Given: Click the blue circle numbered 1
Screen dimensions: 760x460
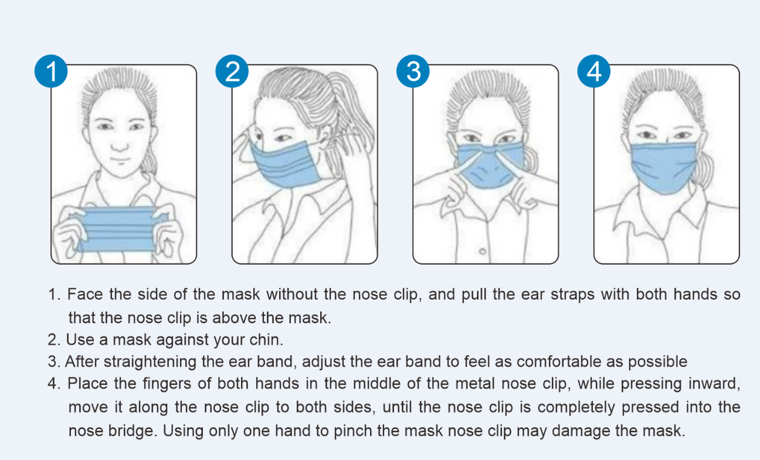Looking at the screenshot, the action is point(51,72).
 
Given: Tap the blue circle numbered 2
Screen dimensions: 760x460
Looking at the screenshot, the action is point(232,72).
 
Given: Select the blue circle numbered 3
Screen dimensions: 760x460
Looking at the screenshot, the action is point(413,72).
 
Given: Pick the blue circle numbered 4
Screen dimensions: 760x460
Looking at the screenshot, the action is point(593,72).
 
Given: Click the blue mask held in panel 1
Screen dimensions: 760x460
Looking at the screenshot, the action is point(118,229).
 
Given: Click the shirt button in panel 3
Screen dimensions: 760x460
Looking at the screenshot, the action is point(483,252).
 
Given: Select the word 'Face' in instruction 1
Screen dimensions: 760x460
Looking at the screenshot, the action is point(85,294).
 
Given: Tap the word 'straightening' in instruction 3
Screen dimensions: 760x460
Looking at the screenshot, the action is point(150,362).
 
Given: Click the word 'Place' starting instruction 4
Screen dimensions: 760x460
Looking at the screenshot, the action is point(87,384).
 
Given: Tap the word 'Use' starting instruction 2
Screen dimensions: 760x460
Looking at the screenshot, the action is point(80,340).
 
